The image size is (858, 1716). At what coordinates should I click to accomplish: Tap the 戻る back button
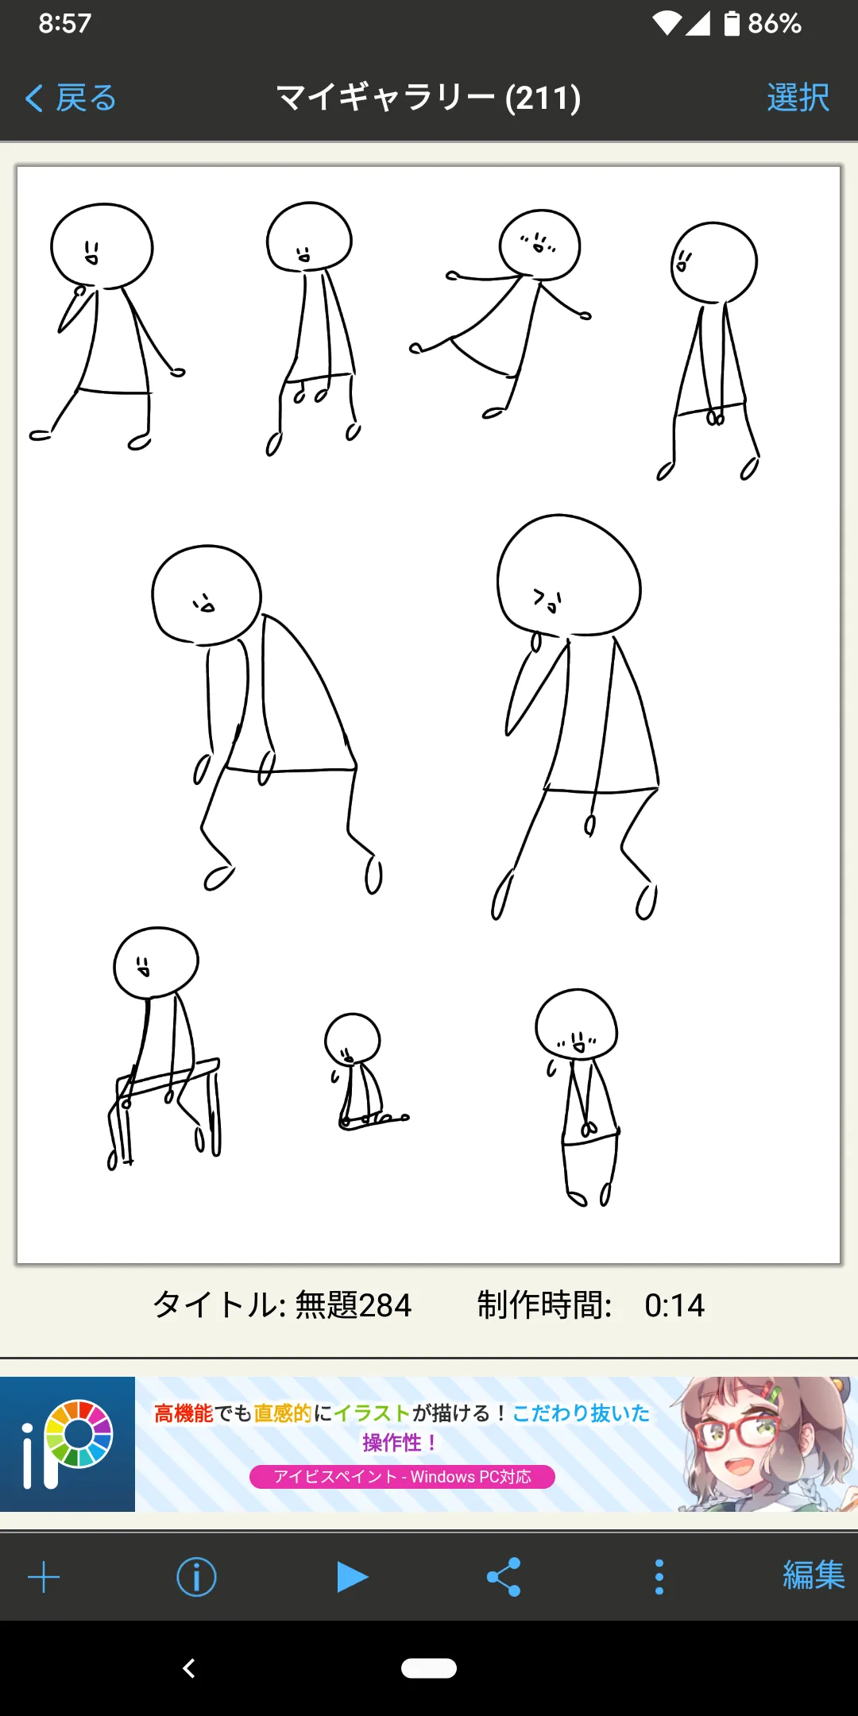click(71, 99)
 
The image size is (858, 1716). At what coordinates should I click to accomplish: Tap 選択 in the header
click(798, 99)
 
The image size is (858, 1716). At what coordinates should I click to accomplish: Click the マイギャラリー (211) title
click(429, 99)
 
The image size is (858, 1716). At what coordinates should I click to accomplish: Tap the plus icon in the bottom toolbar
click(44, 1577)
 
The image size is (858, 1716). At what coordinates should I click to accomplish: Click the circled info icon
click(196, 1577)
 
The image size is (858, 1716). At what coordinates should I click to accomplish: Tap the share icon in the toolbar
click(504, 1577)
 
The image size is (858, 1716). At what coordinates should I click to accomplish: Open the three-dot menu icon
click(659, 1577)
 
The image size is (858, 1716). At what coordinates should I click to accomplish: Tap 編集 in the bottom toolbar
click(814, 1575)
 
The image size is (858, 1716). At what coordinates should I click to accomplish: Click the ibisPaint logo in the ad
click(68, 1444)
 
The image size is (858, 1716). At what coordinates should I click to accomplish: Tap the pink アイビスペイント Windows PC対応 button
click(402, 1477)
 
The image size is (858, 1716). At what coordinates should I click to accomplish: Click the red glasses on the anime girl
click(735, 1431)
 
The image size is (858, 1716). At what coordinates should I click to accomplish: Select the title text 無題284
click(354, 1305)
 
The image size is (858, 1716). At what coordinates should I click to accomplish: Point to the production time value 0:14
click(674, 1305)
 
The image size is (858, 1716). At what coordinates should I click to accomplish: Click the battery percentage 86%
click(775, 24)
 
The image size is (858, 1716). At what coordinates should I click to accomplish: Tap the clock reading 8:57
click(65, 23)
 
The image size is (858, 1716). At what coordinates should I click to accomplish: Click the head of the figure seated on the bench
click(157, 962)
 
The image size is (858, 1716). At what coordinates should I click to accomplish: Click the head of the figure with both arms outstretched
click(539, 245)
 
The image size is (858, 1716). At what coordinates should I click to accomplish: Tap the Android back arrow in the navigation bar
click(189, 1668)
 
